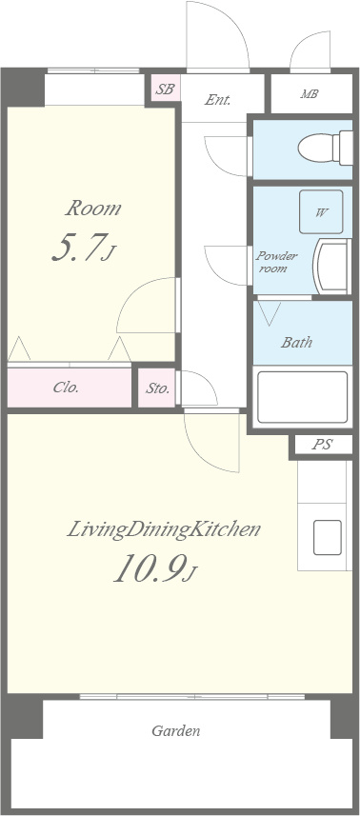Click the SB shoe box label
click(166, 89)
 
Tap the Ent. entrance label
click(217, 100)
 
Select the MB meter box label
click(309, 94)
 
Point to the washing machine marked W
click(321, 211)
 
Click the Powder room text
click(276, 262)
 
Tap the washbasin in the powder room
click(332, 267)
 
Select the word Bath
click(296, 343)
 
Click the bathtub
click(302, 397)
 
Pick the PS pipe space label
click(323, 445)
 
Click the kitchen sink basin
click(328, 537)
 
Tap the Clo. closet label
click(66, 388)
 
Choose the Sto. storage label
click(156, 388)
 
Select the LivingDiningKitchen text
click(164, 529)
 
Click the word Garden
click(176, 730)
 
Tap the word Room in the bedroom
click(92, 209)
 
